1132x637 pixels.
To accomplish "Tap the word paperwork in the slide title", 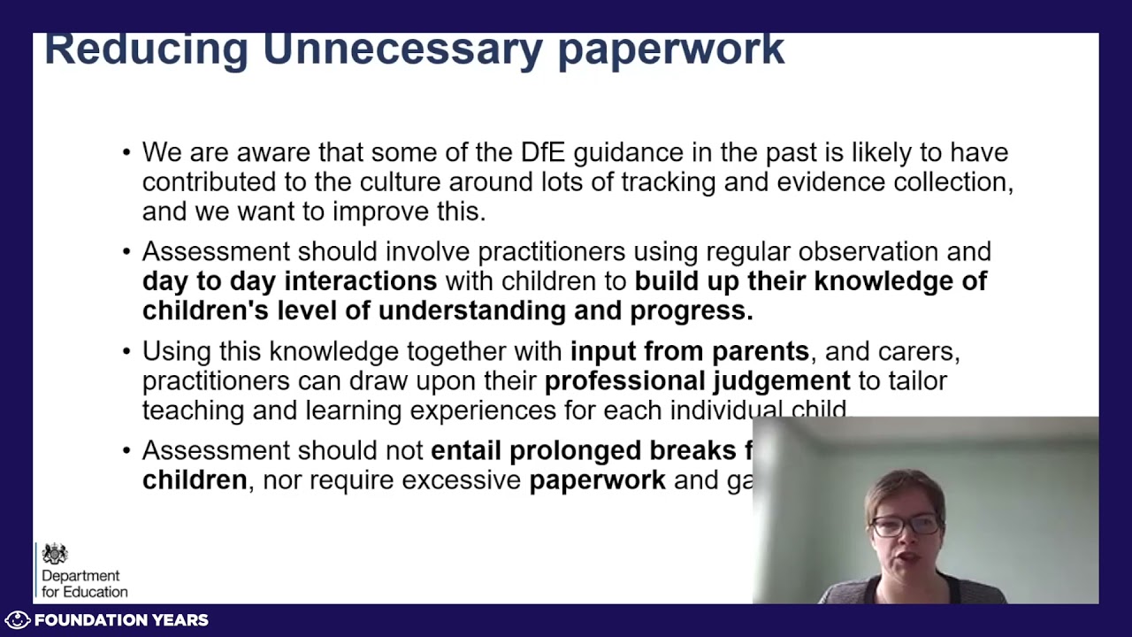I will click(x=670, y=50).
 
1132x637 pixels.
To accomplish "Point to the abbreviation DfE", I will click(x=542, y=152).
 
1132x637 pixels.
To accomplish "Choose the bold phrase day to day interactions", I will click(x=289, y=281).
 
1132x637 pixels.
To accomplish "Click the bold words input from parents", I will click(x=689, y=351).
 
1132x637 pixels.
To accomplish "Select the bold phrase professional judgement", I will click(x=697, y=381).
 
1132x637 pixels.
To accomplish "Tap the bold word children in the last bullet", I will click(x=195, y=480).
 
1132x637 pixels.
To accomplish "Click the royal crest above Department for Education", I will click(x=55, y=555).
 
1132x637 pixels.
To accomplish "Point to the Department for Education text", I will click(x=84, y=584).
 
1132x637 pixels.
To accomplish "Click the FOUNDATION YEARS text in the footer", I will click(x=121, y=620).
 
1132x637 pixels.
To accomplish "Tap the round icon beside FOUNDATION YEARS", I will click(x=18, y=620).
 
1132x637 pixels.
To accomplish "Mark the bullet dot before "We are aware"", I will click(x=126, y=153).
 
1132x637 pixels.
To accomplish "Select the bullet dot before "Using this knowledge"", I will click(x=126, y=352).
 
